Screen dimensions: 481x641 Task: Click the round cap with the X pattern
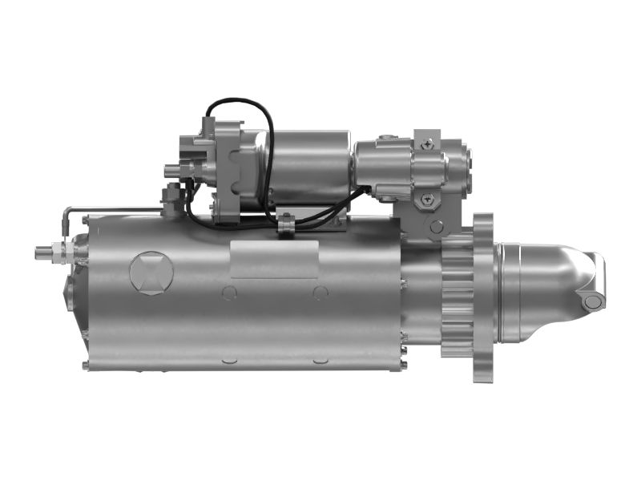tap(151, 272)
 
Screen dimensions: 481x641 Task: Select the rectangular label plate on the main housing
tap(274, 258)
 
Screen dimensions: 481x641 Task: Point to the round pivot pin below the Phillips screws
tap(436, 227)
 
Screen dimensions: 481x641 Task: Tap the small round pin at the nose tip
tap(592, 301)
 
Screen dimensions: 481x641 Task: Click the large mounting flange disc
tap(484, 297)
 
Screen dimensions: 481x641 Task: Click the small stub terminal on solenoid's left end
tap(170, 171)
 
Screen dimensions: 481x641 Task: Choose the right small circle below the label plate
tap(320, 292)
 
